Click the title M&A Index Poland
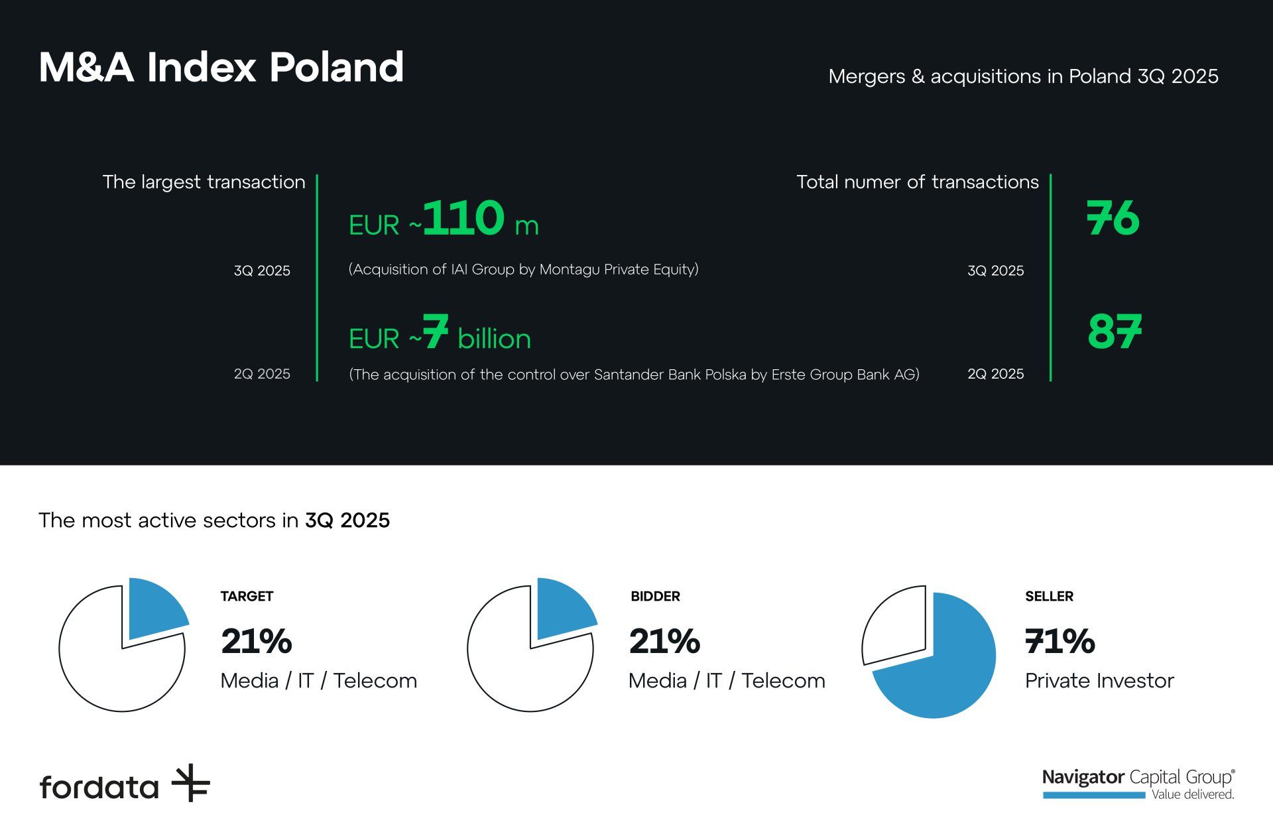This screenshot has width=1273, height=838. [221, 67]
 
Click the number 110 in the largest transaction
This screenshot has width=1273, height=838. [463, 218]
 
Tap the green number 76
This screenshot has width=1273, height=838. [1113, 218]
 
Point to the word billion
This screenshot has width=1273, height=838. [494, 339]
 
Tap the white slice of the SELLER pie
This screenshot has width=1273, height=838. [895, 623]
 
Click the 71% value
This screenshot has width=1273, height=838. [1060, 641]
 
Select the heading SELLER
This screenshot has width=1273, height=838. [1049, 596]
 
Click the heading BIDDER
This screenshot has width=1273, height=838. [655, 596]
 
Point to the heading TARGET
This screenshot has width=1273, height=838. [247, 596]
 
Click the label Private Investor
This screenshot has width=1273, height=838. [1099, 681]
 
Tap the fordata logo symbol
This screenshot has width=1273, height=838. [191, 783]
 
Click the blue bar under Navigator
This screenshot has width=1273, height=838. [1093, 795]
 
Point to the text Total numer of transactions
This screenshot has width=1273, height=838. [917, 182]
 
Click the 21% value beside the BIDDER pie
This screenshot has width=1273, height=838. [664, 641]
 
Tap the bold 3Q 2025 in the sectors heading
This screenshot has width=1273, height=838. [347, 520]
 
